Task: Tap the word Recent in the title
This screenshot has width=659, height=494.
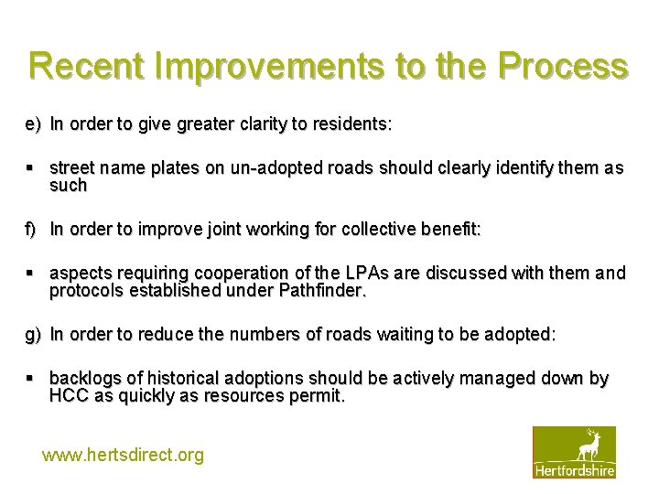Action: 89,67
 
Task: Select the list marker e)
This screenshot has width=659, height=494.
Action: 33,123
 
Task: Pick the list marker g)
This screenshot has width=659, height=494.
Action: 33,334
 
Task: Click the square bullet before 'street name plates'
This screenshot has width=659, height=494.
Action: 31,168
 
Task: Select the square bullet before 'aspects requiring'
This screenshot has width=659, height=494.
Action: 31,274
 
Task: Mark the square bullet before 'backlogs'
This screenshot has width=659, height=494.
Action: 31,379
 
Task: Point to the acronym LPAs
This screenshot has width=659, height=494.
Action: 365,274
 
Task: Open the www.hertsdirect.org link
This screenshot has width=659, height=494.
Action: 124,455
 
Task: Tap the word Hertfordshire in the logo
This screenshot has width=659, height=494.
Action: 574,470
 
